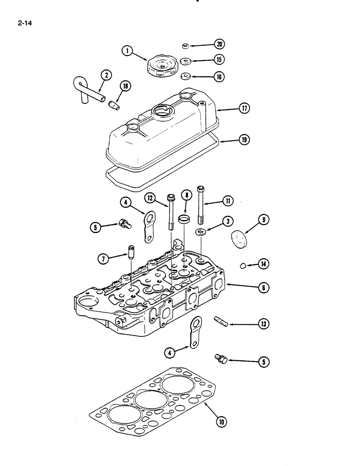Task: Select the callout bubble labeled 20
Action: (219, 44)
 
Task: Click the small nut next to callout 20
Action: (185, 45)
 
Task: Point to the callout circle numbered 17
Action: (244, 109)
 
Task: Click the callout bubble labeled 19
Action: (244, 139)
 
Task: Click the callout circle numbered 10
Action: (221, 423)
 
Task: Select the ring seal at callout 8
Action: (185, 218)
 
